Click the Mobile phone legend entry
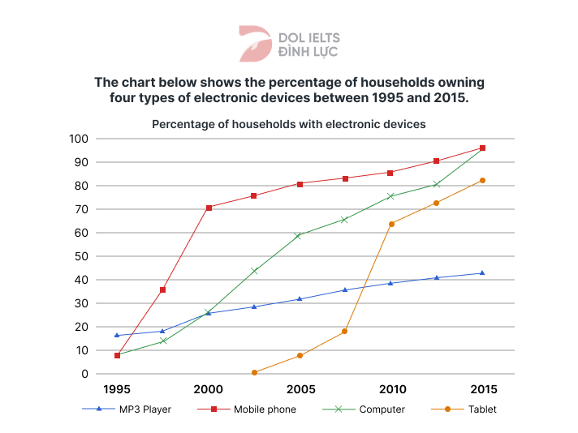(247, 409)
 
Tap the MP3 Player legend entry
(130, 409)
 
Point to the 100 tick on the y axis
(78, 139)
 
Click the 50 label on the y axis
(81, 256)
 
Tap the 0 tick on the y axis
(84, 374)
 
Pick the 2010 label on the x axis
(392, 389)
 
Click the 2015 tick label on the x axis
(483, 389)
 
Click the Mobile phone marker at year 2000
(209, 208)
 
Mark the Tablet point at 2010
(391, 224)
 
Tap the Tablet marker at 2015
(483, 180)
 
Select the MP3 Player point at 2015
(483, 273)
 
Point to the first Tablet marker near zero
(254, 373)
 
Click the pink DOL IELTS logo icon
(255, 43)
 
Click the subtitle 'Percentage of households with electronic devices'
(288, 125)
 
